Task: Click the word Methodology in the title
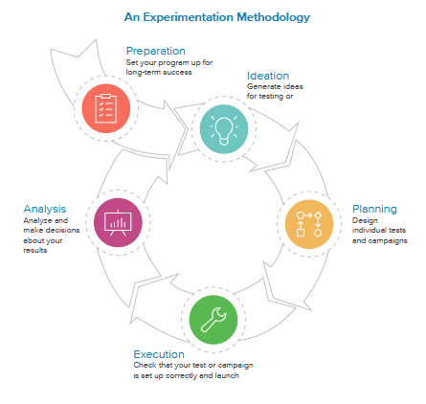tap(273, 17)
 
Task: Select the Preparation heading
tap(156, 51)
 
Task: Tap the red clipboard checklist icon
tap(106, 108)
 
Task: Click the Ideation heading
tap(268, 76)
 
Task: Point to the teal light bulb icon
tap(224, 129)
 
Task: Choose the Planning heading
tap(374, 210)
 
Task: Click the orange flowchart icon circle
tap(309, 224)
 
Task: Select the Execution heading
tap(159, 354)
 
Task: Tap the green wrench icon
tap(213, 320)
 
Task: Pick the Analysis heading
tap(45, 210)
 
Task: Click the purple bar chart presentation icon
tap(118, 222)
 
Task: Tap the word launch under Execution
tap(227, 375)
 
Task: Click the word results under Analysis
tap(35, 251)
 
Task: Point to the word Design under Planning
tap(365, 221)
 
